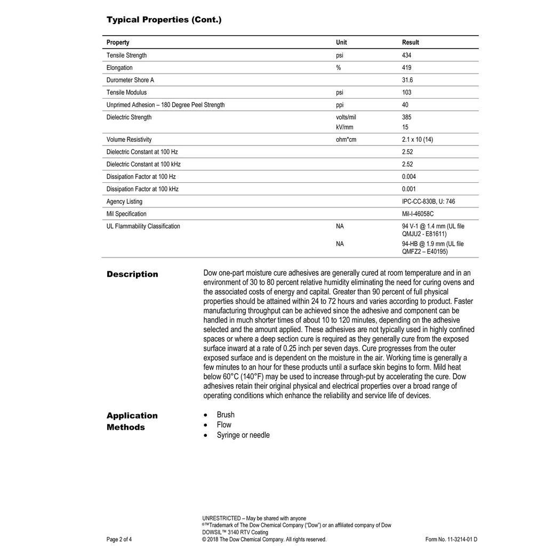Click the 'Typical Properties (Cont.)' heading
[164, 20]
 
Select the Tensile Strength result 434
[406, 55]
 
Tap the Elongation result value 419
[406, 68]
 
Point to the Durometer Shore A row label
[130, 80]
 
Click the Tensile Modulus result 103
[406, 92]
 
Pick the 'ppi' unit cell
[340, 105]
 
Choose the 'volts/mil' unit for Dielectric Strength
[346, 117]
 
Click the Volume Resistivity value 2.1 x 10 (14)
[417, 140]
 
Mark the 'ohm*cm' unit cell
[346, 140]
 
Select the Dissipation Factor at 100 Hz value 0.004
[409, 176]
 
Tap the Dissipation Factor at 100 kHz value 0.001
[409, 189]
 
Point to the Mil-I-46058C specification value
[417, 214]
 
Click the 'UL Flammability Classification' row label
[143, 226]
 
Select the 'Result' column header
[410, 42]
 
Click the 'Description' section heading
[132, 274]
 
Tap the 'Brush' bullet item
[226, 415]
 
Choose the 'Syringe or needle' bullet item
[243, 435]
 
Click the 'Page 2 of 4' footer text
[119, 539]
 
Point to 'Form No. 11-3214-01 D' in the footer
[451, 539]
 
